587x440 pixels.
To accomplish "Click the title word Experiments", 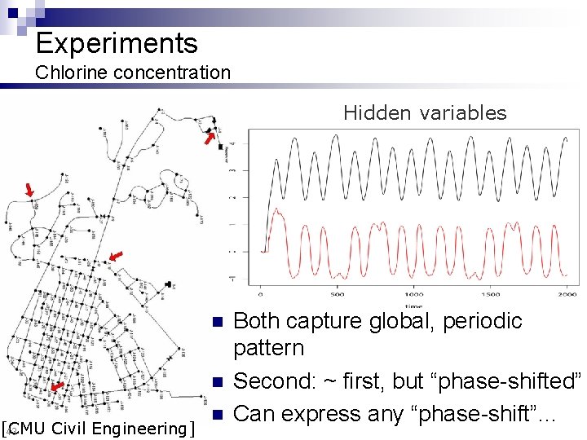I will pos(117,43).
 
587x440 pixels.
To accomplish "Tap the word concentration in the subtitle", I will pos(172,73).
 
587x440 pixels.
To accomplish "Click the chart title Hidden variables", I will pos(425,113).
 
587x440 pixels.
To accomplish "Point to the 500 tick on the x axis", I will pos(337,293).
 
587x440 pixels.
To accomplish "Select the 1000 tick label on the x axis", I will pos(414,293).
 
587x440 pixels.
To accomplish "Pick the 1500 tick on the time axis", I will pos(491,293).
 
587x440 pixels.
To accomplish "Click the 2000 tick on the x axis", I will pos(567,293).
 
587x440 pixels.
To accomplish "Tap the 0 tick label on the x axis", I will pos(260,293).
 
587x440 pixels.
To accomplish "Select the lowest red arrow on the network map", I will pos(56,386).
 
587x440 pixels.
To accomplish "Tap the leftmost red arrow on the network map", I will pos(30,191).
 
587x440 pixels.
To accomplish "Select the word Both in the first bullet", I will pos(257,321).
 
